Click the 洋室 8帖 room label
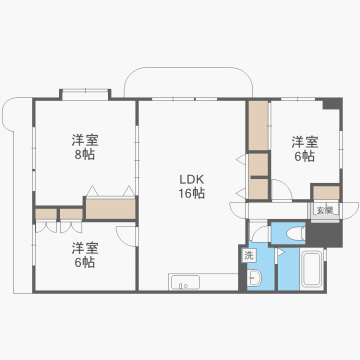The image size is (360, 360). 85,147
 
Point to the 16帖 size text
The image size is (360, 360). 191,193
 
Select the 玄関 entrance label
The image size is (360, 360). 324,210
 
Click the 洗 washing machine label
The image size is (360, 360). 249,256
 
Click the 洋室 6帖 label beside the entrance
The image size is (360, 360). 304,147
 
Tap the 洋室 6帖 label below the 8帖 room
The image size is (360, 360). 84,254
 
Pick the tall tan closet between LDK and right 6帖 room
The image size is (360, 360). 258,125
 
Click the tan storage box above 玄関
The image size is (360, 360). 326,192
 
